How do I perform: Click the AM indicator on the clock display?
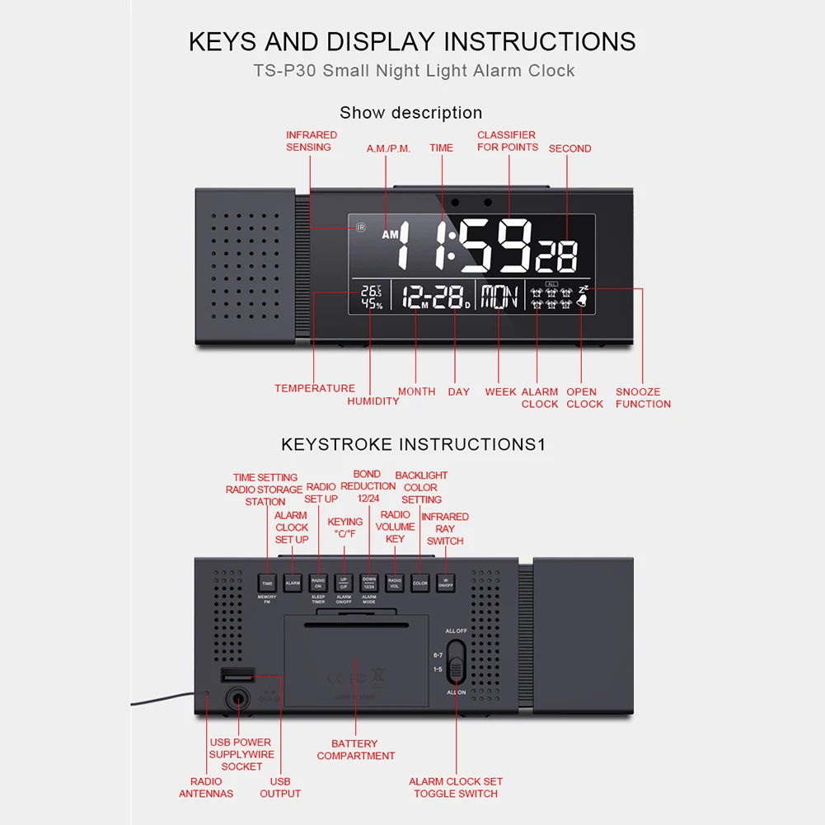click(390, 235)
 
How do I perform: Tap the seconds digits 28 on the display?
click(556, 255)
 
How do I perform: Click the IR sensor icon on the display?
click(360, 227)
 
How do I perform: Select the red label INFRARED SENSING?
click(311, 141)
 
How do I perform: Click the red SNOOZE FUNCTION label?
click(643, 398)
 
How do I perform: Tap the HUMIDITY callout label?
click(373, 401)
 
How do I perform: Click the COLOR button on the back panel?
click(420, 583)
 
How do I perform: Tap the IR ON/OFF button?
click(445, 583)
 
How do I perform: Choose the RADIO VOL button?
click(395, 583)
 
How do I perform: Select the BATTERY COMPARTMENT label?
click(355, 750)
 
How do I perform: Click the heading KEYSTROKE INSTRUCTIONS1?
click(413, 445)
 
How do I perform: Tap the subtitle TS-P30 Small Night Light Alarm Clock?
click(413, 71)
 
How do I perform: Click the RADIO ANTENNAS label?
click(206, 788)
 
